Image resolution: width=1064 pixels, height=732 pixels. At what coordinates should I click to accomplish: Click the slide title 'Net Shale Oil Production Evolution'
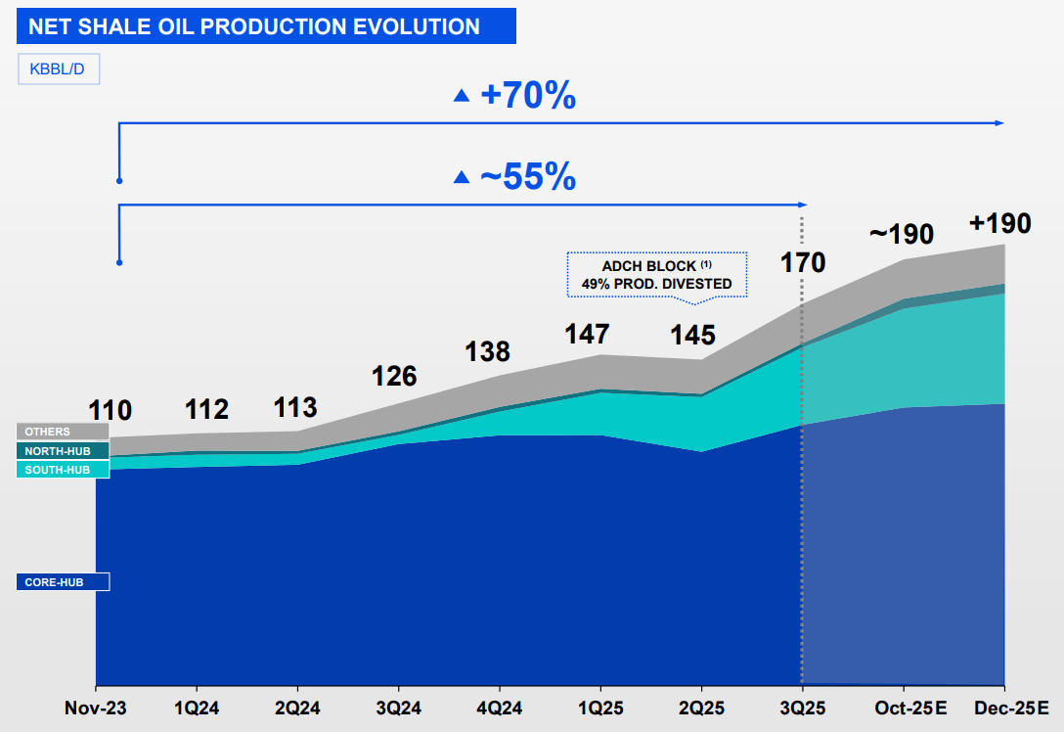coord(254,26)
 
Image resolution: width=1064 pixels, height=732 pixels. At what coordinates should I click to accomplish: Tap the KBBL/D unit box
coord(59,69)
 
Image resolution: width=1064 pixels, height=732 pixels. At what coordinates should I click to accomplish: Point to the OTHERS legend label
coord(63,432)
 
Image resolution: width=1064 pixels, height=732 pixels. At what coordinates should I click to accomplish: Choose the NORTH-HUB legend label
coord(63,451)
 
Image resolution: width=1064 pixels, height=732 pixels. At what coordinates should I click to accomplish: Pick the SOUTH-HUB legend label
coord(63,470)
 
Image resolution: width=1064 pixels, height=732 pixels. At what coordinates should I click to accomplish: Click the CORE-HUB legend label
coord(63,582)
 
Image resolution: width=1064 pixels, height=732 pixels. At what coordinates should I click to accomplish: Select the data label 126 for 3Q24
coord(394,376)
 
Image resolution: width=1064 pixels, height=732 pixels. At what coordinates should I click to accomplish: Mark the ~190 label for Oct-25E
coord(901,234)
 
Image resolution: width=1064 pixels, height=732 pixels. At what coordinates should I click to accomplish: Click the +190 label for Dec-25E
coord(999,223)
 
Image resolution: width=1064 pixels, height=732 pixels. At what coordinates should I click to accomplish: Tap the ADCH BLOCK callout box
coord(656,274)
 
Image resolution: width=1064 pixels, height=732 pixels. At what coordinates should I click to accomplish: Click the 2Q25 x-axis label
coord(700,707)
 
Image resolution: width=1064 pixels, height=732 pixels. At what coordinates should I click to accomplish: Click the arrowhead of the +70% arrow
coord(999,123)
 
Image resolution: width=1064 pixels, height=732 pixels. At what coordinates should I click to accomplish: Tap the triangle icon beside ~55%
coord(462,177)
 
